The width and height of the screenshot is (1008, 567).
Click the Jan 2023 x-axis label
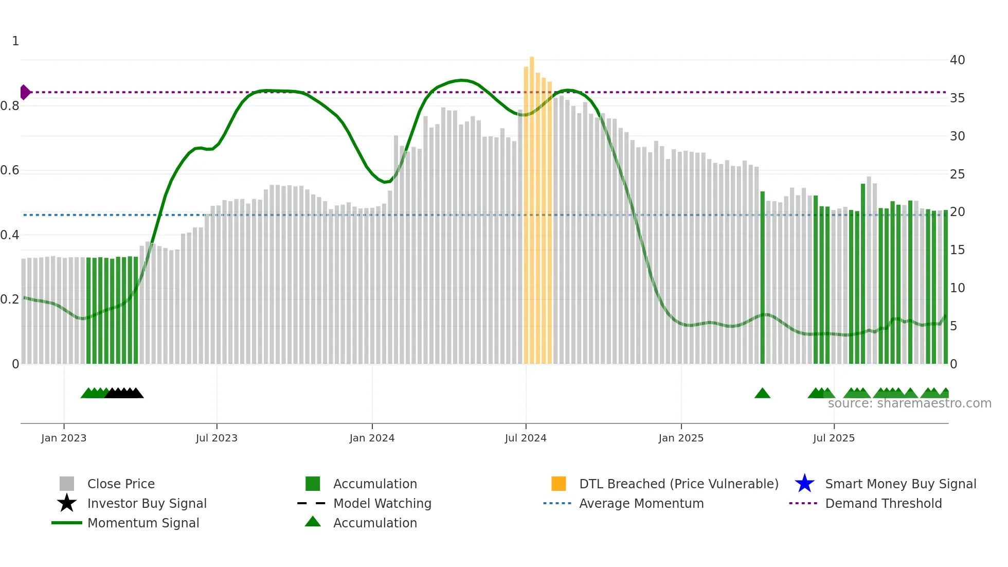[x=64, y=438]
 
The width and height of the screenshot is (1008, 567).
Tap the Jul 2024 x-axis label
[x=526, y=438]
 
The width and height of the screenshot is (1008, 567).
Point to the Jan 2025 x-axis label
[x=681, y=438]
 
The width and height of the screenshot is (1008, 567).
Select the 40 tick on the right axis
[x=957, y=60]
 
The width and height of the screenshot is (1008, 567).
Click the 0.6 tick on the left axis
[x=10, y=170]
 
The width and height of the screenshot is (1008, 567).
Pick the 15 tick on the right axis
[x=957, y=250]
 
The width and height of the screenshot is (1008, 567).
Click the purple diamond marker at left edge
[x=25, y=92]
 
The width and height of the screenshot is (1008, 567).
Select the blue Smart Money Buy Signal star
[x=804, y=484]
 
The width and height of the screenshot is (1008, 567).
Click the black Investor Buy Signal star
[x=67, y=503]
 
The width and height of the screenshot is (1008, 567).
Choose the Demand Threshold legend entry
[x=883, y=503]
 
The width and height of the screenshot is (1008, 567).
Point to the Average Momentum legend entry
[x=641, y=503]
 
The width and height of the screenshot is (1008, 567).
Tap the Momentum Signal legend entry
[x=143, y=523]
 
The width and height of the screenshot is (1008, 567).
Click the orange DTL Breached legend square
[x=559, y=484]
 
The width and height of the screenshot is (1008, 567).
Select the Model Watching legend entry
[x=382, y=503]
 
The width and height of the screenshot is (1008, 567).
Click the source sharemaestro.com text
[x=909, y=403]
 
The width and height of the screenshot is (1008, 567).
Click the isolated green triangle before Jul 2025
[x=762, y=394]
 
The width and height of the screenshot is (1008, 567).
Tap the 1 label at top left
[x=15, y=41]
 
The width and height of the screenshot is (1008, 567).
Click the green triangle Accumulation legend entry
[x=313, y=522]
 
